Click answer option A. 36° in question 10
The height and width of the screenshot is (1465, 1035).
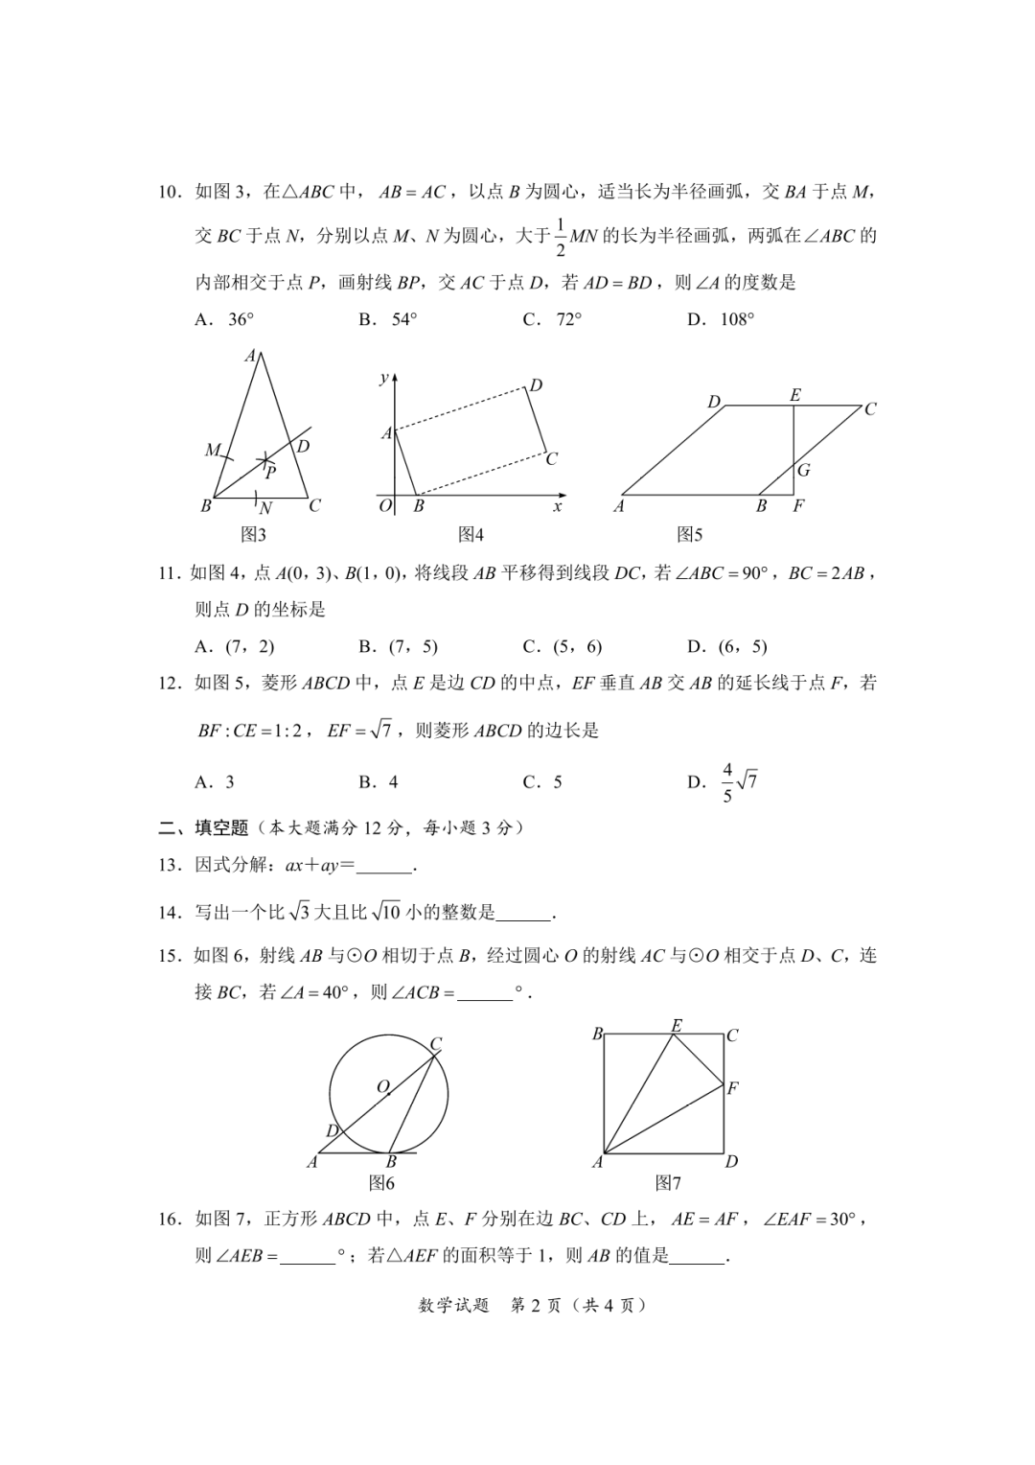(224, 319)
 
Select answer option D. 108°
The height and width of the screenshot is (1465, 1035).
(721, 319)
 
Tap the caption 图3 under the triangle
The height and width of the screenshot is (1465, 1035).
(253, 534)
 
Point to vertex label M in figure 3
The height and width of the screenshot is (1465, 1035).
(212, 450)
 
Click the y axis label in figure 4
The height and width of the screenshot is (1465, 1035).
(384, 377)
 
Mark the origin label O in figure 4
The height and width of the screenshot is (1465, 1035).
(385, 505)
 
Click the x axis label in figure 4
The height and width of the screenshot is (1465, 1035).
(558, 505)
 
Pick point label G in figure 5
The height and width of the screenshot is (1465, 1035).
(803, 470)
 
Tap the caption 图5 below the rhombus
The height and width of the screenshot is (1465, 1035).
(690, 534)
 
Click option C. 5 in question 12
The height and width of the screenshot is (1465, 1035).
(542, 781)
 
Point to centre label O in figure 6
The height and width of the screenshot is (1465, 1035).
(382, 1086)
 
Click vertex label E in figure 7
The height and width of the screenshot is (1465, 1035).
(677, 1026)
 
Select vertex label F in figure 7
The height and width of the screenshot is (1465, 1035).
(733, 1087)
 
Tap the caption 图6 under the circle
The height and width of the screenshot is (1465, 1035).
(381, 1182)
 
